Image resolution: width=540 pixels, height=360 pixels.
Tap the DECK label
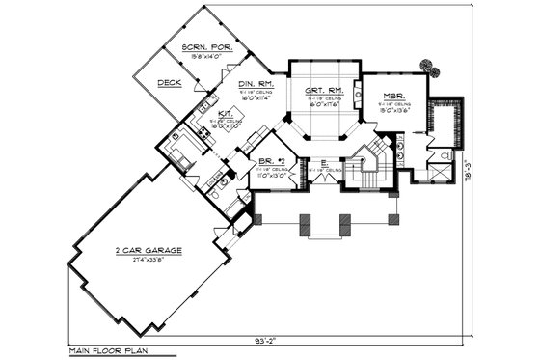170,83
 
